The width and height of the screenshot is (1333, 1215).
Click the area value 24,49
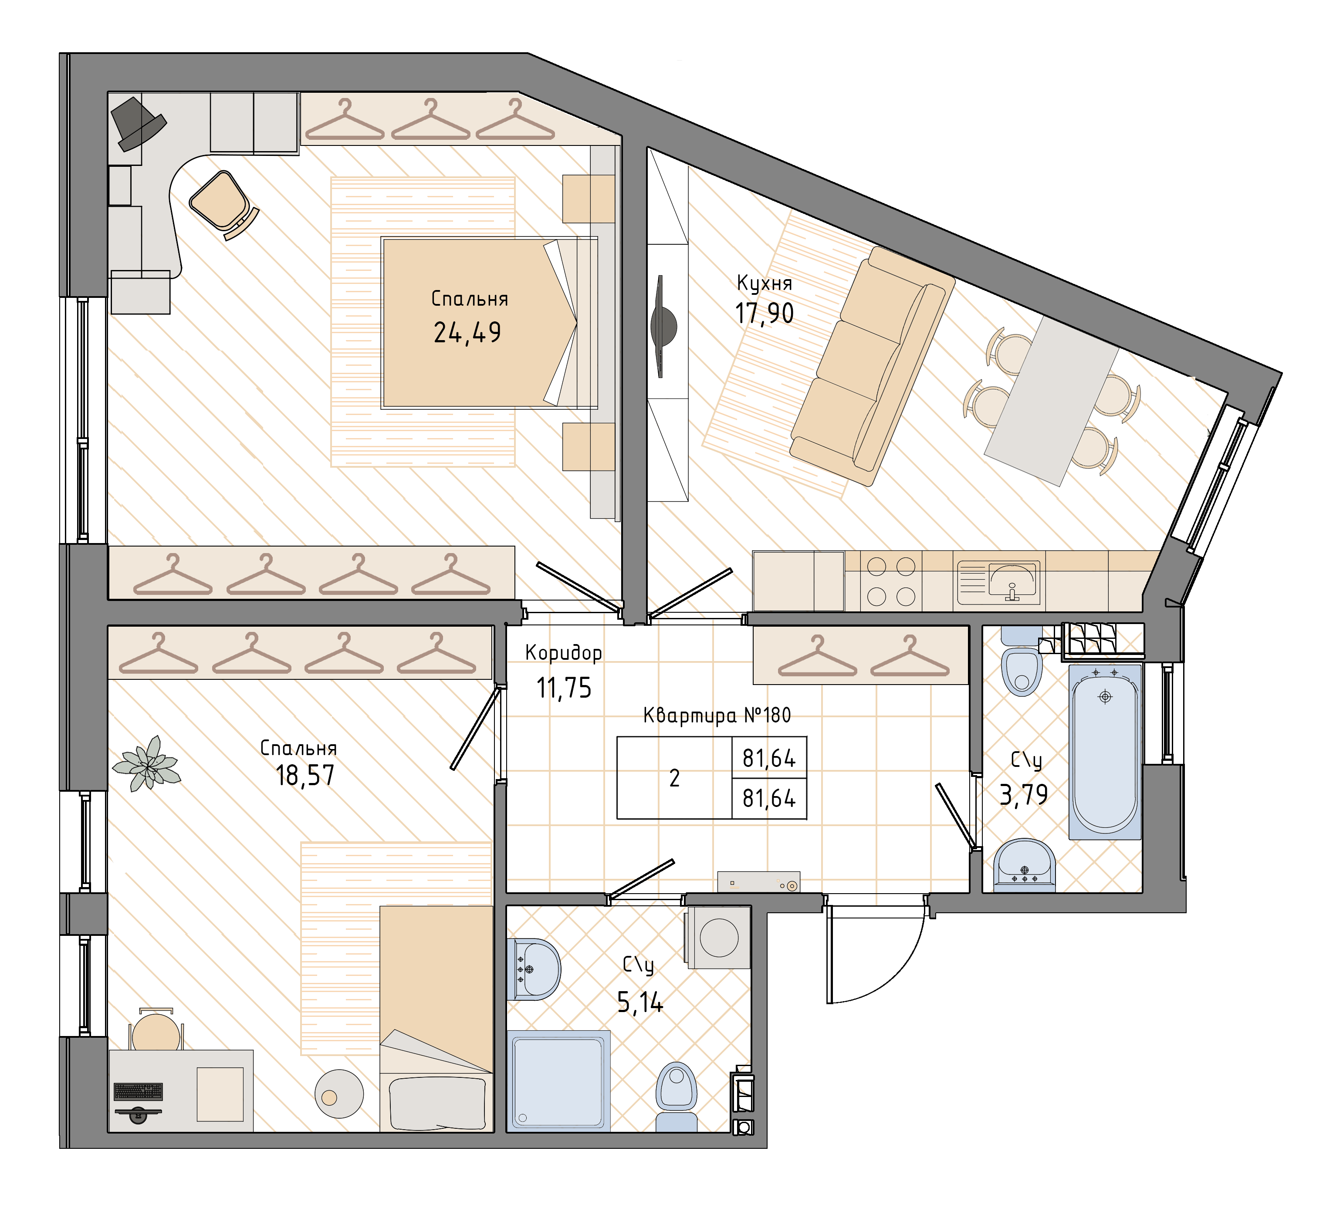(x=467, y=333)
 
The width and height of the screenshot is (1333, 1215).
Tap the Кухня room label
(x=765, y=283)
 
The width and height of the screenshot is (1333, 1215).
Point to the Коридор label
(x=563, y=653)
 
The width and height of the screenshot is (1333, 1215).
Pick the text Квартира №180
(x=717, y=715)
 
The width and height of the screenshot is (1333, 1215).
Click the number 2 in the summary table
(x=674, y=778)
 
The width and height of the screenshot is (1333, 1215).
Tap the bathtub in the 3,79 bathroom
(x=1105, y=752)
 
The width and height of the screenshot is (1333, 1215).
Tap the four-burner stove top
(x=891, y=582)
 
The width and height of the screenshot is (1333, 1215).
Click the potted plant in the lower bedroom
(x=147, y=763)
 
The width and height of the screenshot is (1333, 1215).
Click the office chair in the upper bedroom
(x=223, y=204)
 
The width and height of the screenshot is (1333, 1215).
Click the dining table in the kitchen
(x=1051, y=401)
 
